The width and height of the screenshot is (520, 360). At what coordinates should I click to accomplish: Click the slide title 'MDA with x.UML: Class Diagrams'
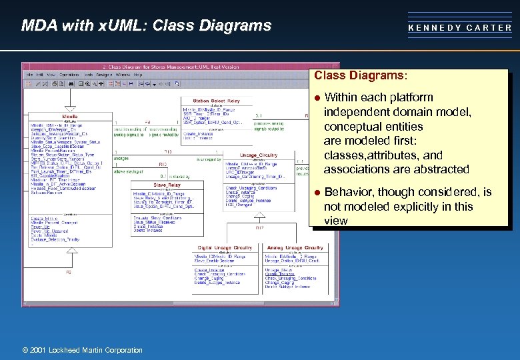pyautogui.click(x=146, y=26)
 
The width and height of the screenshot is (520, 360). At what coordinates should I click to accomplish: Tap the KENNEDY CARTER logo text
pyautogui.click(x=460, y=28)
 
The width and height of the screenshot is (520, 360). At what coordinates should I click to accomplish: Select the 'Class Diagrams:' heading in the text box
pyautogui.click(x=361, y=76)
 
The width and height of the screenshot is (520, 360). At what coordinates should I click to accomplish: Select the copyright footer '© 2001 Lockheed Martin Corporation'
pyautogui.click(x=83, y=350)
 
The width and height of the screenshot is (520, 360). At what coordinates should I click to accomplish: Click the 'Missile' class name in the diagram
pyautogui.click(x=69, y=116)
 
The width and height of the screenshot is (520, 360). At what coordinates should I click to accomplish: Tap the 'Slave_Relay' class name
pyautogui.click(x=167, y=185)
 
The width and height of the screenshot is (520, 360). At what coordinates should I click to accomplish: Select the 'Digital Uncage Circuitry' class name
pyautogui.click(x=223, y=247)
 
